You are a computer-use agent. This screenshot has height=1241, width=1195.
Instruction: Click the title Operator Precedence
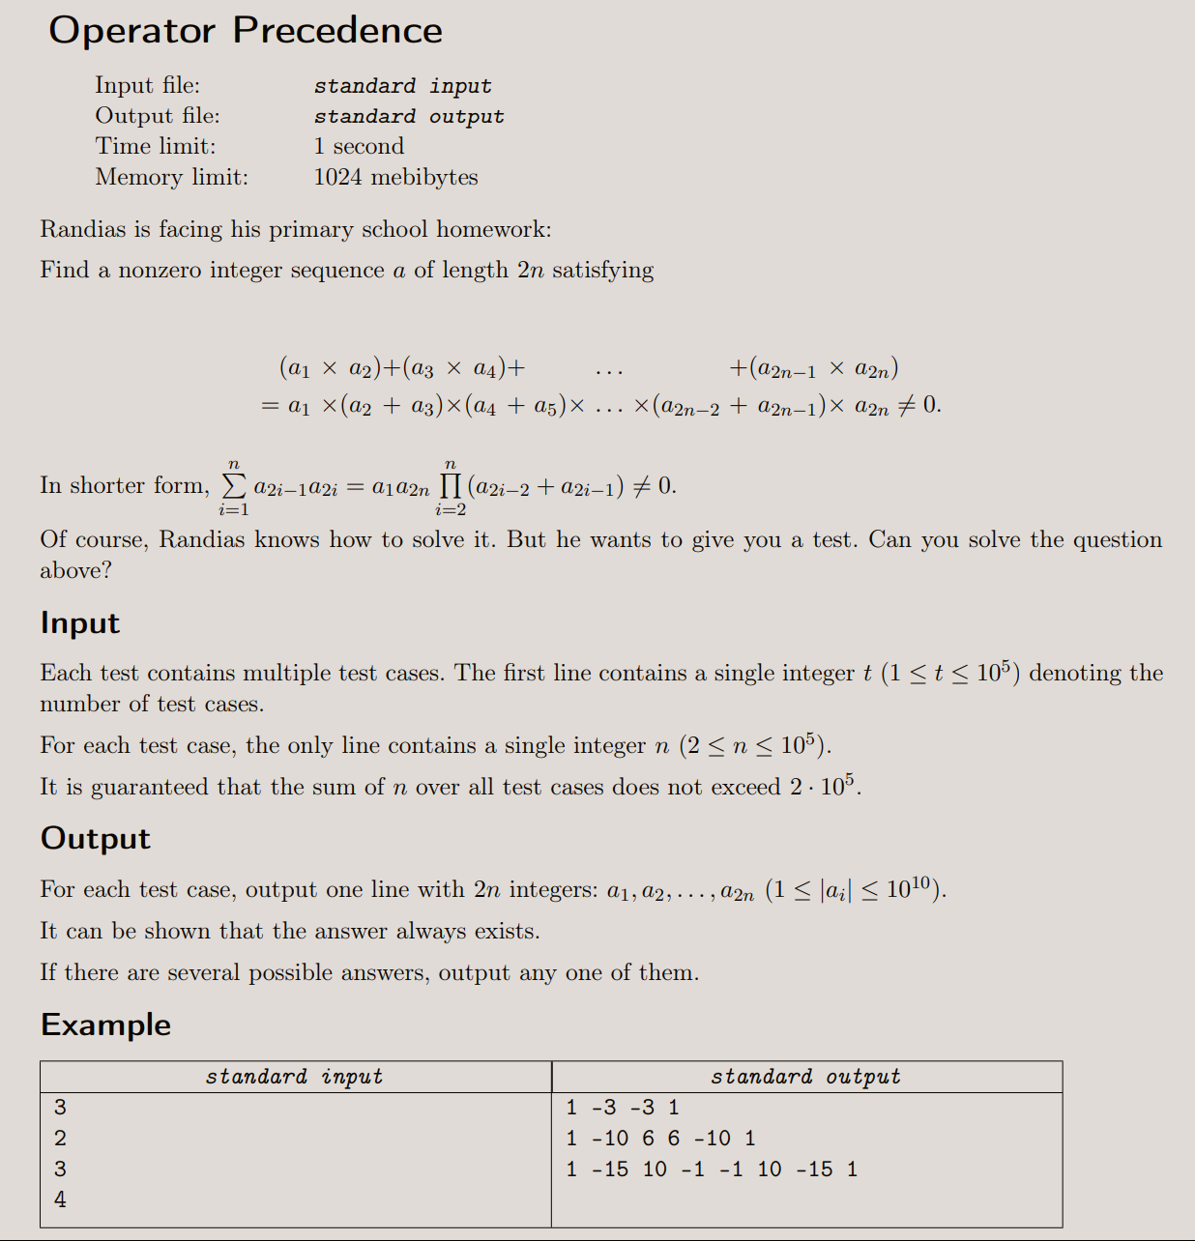point(246,31)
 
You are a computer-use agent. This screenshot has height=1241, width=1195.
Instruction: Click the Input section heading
point(80,623)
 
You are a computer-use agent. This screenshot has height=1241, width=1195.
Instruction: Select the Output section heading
point(96,838)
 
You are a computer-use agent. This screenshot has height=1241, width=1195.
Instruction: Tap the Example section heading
point(105,1025)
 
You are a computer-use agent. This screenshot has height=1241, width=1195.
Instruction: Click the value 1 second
point(359,146)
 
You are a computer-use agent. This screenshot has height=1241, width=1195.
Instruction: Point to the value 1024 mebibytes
point(395,177)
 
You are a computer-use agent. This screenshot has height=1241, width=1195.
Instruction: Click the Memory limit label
point(171,177)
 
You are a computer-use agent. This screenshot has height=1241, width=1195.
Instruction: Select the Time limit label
point(155,146)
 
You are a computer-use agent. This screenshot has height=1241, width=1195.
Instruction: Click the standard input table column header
point(294,1077)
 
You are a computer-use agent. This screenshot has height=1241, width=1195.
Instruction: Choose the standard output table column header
point(805,1077)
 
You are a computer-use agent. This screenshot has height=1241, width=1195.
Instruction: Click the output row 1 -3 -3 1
point(623,1108)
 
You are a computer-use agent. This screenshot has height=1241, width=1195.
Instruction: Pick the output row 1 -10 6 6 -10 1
point(661,1139)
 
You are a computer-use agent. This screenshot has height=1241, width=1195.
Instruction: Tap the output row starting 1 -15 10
point(712,1169)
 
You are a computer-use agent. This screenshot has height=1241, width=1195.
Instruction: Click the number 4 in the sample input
point(60,1199)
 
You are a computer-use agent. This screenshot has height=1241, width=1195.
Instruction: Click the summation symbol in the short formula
point(234,485)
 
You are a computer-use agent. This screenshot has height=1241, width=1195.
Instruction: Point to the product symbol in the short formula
point(451,485)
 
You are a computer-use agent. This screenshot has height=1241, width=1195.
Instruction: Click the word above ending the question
point(74,570)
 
